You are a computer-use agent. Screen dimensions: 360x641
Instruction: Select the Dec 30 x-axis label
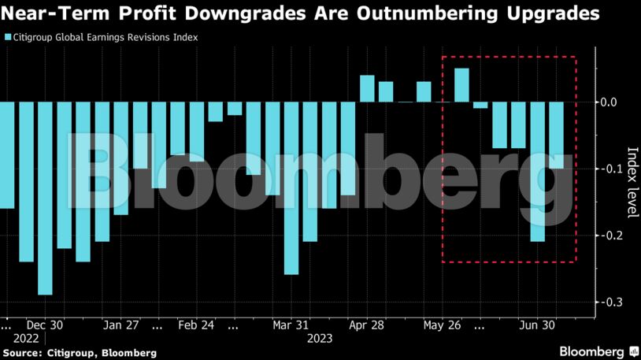(x=45, y=325)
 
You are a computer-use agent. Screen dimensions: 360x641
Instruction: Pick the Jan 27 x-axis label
(x=121, y=325)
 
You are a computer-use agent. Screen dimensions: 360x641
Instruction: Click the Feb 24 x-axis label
(x=197, y=325)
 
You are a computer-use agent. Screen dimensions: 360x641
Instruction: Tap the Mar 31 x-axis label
(x=291, y=325)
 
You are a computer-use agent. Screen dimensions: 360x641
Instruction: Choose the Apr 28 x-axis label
(x=367, y=325)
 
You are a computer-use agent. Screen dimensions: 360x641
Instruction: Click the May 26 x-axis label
(x=443, y=325)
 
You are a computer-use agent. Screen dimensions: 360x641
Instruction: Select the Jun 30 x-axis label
(x=537, y=325)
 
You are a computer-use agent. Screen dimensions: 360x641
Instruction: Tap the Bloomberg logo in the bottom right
(x=598, y=351)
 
